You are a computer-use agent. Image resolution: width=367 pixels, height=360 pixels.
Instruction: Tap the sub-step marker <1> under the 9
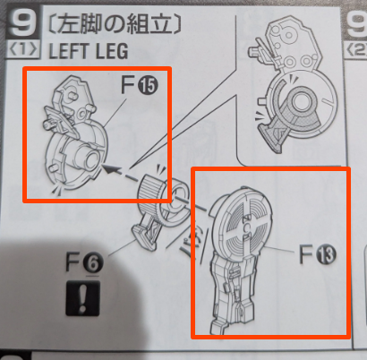pos(23,49)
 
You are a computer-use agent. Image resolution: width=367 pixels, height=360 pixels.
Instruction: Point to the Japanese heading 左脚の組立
pos(115,24)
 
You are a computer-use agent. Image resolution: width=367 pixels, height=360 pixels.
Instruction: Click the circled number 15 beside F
pos(148,86)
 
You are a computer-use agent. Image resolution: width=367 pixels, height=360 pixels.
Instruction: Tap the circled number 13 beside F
pos(326,254)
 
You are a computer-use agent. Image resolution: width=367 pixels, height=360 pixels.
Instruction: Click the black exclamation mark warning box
pos(83,298)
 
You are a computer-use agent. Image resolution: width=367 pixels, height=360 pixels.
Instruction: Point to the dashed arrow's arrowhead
pos(108,168)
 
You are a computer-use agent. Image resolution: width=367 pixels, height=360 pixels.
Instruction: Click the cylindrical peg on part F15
pos(87,156)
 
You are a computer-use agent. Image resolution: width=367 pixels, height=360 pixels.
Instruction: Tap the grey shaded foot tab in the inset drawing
pos(274,136)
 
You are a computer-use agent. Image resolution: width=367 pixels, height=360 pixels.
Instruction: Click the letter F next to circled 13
pos(306,254)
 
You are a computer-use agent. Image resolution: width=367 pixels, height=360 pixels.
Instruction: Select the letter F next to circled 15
pos(128,85)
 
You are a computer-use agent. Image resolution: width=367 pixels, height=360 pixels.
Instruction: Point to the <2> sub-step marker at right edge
pos(357,49)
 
